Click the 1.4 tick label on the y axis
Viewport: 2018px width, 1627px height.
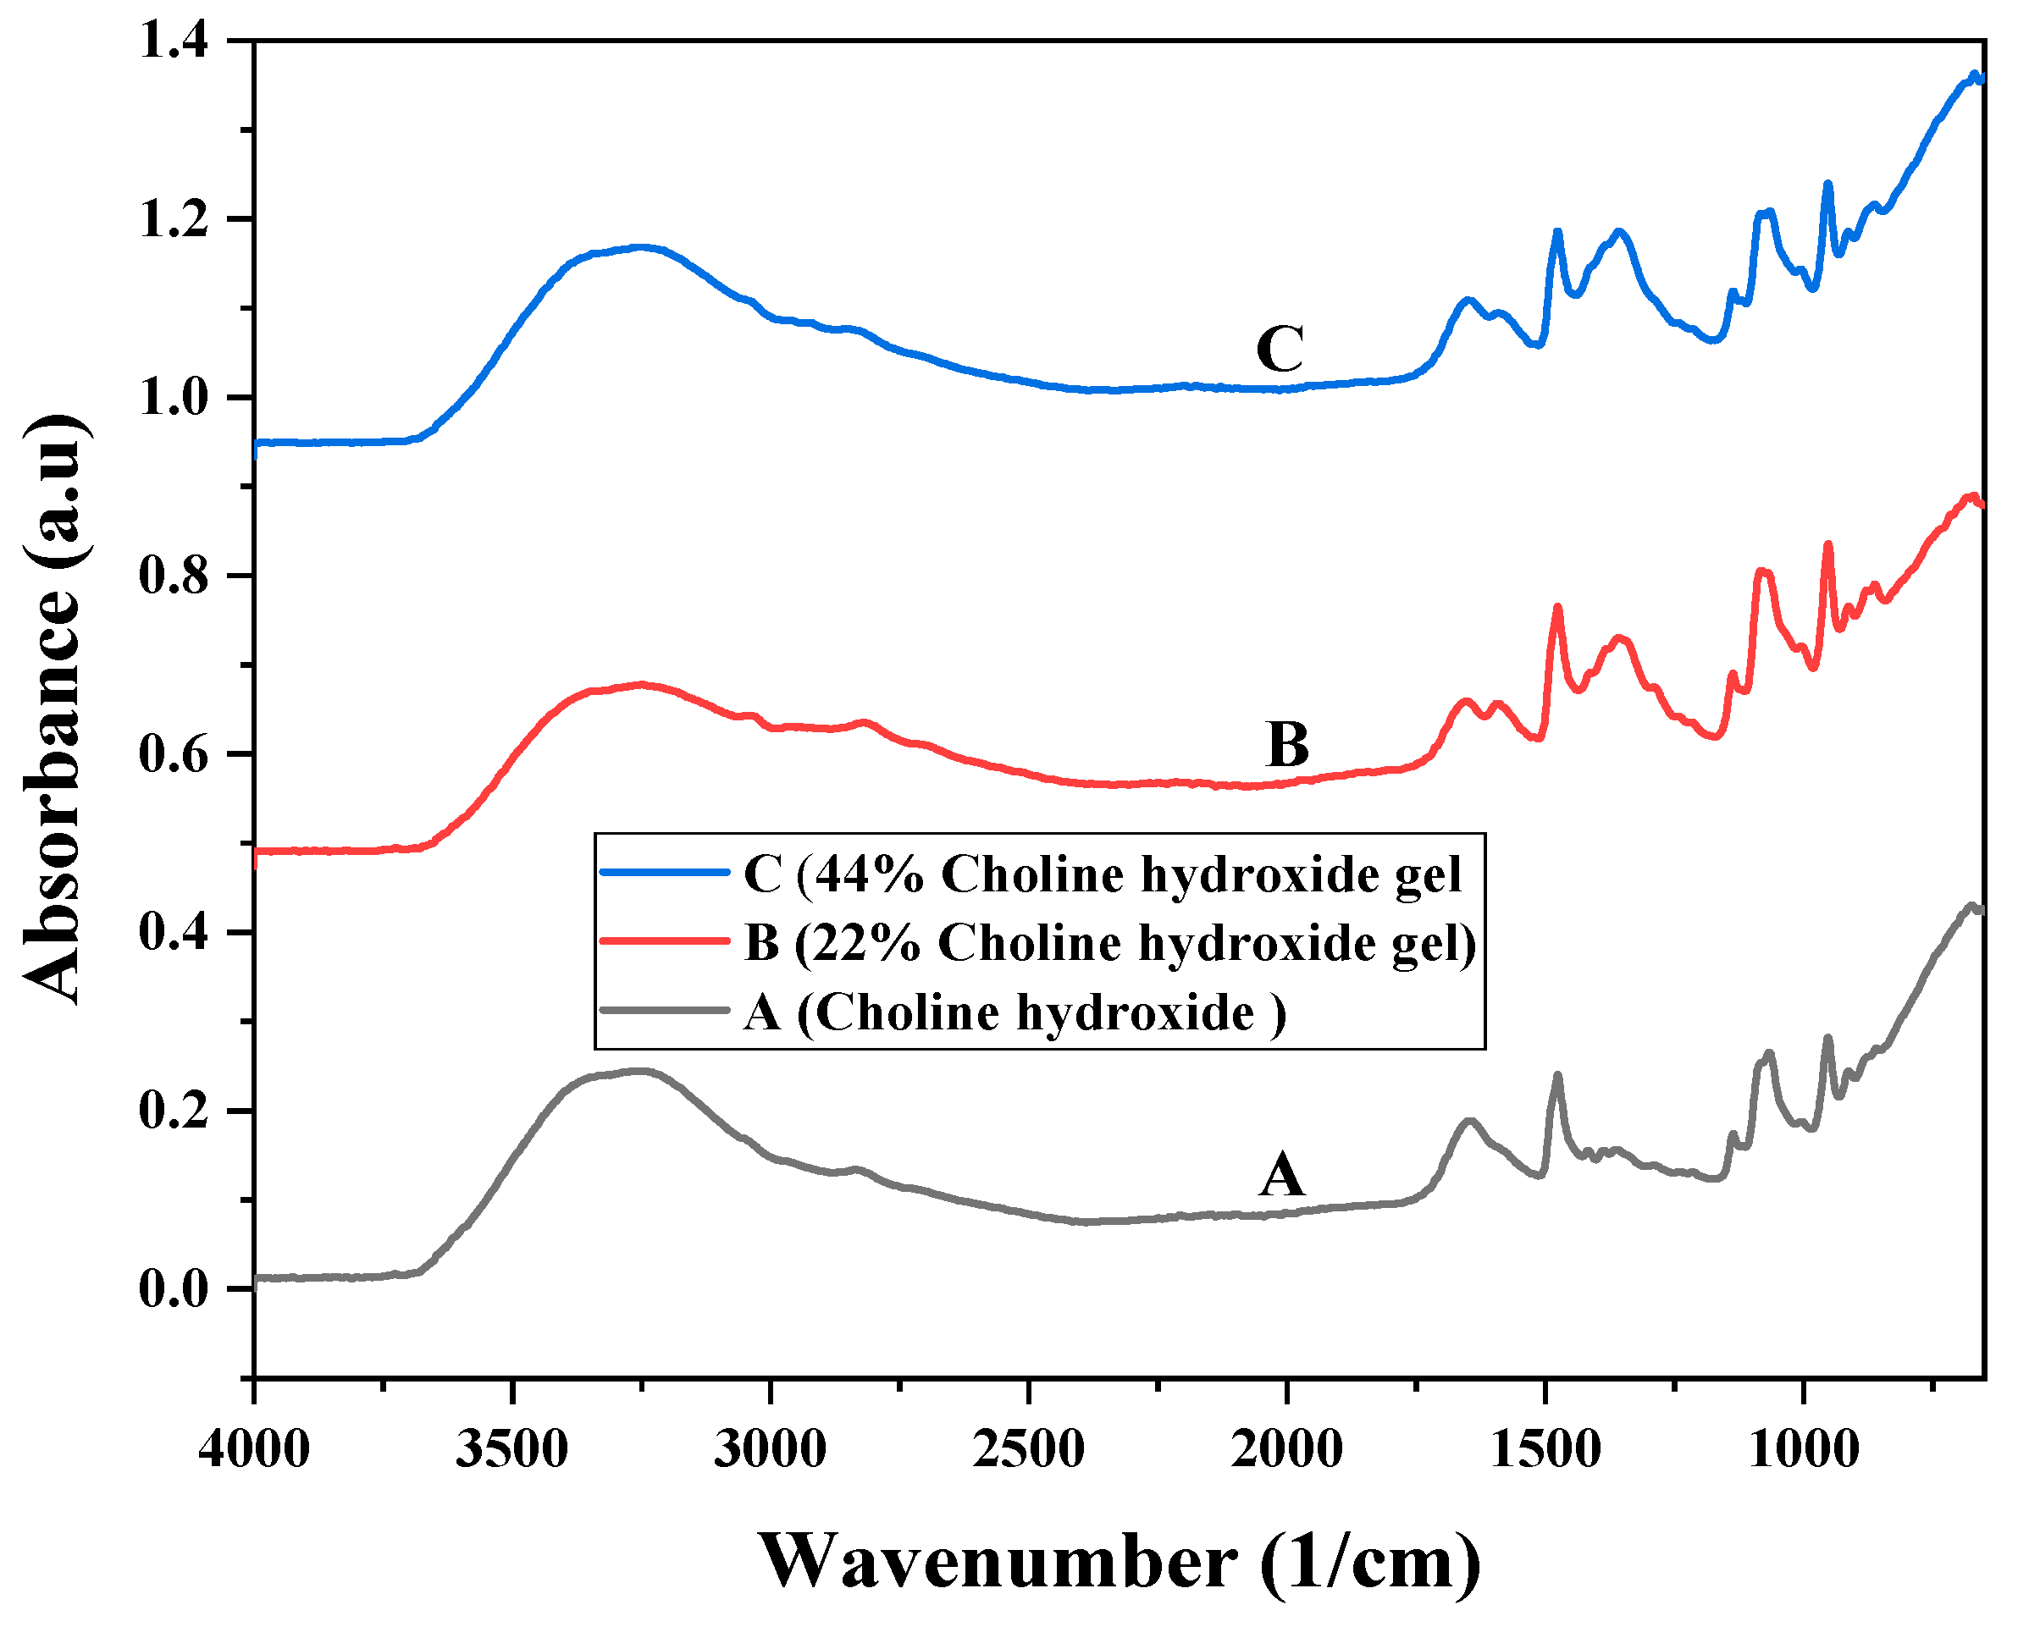[x=175, y=41]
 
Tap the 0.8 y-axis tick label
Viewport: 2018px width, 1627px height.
[x=175, y=576]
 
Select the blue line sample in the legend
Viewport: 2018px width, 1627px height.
[x=665, y=873]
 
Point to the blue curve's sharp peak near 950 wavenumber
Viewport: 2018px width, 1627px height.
[x=1827, y=184]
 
